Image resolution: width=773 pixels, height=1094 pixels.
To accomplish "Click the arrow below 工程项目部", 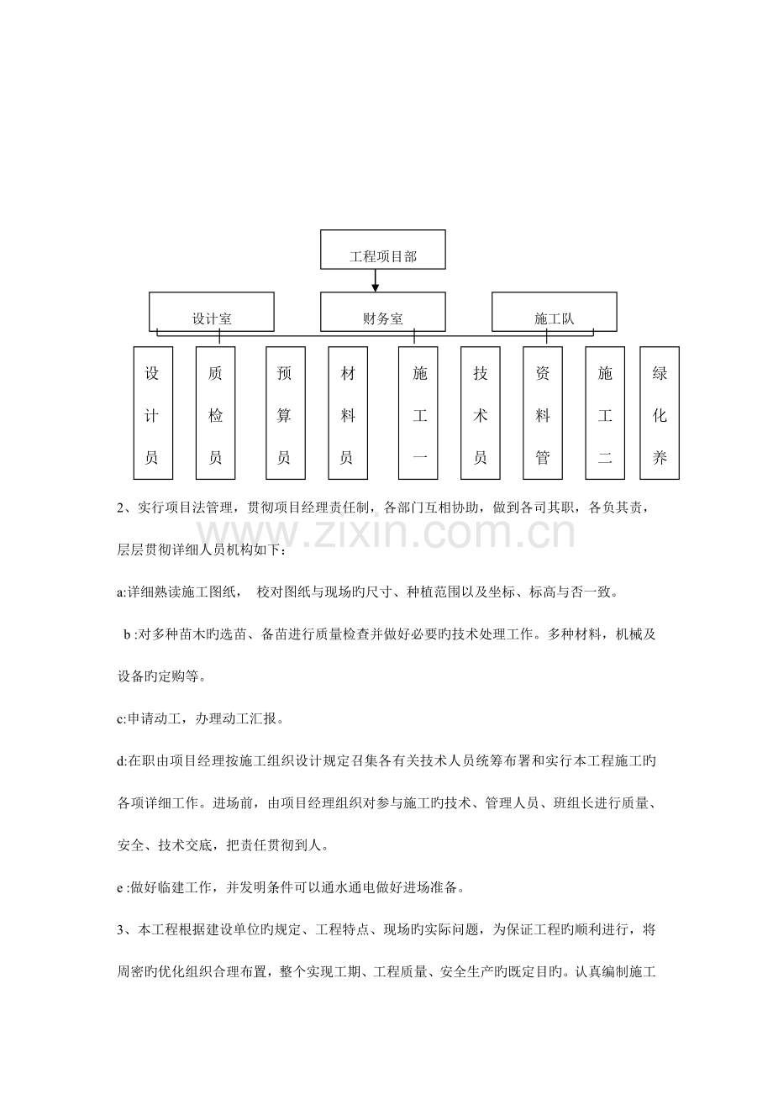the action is tap(375, 281).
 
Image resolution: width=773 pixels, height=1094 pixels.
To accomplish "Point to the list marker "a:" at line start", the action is tap(122, 593).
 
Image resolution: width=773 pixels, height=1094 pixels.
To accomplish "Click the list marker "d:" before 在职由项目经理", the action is tap(122, 761).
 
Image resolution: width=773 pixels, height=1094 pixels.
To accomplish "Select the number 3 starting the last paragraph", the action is tap(121, 929).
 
